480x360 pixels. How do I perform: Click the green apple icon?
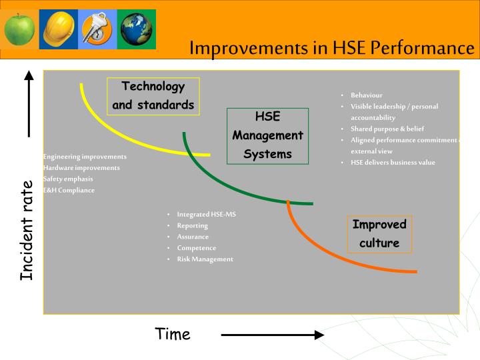click(x=20, y=29)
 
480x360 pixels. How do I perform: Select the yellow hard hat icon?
click(x=58, y=29)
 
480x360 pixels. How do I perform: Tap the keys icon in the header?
click(x=97, y=29)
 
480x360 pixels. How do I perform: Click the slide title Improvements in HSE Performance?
click(x=331, y=49)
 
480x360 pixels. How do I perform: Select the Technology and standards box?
click(x=153, y=96)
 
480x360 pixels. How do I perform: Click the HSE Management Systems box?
click(x=267, y=135)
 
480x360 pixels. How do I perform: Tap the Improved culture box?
click(x=379, y=234)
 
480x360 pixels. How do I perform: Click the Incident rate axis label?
click(x=27, y=230)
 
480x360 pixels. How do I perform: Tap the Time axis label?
click(x=173, y=334)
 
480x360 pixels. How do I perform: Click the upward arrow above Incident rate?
click(x=29, y=103)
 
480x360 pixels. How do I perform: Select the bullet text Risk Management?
click(x=205, y=259)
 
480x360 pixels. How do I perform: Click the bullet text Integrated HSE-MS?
click(x=206, y=215)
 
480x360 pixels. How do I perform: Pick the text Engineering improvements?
click(x=85, y=157)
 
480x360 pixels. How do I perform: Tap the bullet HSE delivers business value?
click(x=393, y=163)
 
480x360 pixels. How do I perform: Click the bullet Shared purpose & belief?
click(x=387, y=129)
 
